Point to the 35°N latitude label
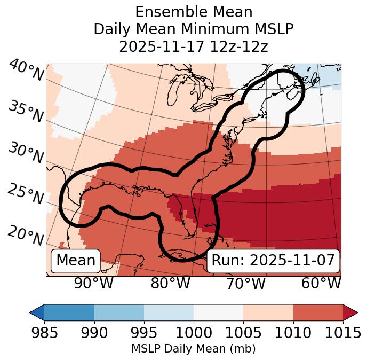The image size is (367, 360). (x=26, y=111)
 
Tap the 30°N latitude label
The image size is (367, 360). (x=25, y=153)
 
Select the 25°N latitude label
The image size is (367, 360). (x=25, y=194)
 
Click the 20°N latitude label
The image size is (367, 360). (x=25, y=235)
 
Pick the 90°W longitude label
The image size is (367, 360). (x=94, y=284)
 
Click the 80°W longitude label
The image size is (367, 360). (x=170, y=284)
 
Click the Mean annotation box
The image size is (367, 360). (x=76, y=261)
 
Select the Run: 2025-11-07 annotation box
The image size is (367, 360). (x=273, y=261)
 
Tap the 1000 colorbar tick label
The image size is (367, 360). (x=194, y=333)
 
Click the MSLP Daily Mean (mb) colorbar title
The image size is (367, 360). (x=194, y=349)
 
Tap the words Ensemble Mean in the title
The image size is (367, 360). (x=194, y=12)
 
